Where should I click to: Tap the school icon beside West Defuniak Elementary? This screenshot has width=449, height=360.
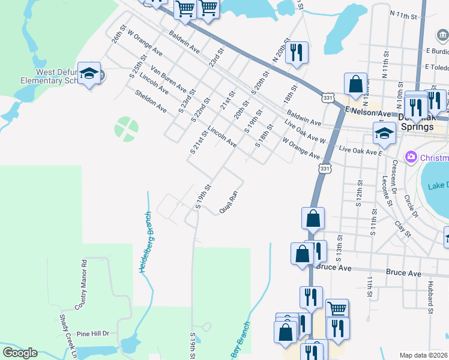[89, 74]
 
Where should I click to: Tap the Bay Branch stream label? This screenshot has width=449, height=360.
[241, 339]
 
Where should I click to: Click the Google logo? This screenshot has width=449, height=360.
[20, 352]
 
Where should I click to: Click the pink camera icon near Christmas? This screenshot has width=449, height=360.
[411, 157]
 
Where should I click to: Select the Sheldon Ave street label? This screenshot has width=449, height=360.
[151, 101]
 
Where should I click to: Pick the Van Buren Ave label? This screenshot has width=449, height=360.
[169, 79]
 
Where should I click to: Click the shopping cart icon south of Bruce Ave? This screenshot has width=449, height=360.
[337, 309]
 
